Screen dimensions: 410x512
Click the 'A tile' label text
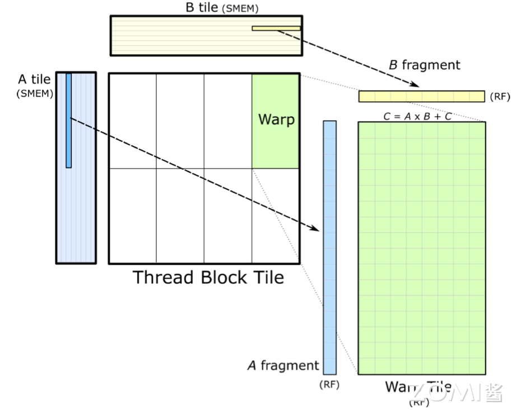click(x=34, y=80)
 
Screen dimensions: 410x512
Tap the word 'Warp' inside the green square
click(x=276, y=119)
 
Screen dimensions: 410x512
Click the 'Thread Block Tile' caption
click(x=208, y=277)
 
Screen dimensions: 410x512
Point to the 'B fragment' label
click(x=425, y=65)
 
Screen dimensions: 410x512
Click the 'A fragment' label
click(x=283, y=366)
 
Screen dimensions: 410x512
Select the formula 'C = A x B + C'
click(x=417, y=117)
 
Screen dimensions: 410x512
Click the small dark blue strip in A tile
click(x=69, y=120)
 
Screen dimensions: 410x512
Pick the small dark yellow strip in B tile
click(x=276, y=28)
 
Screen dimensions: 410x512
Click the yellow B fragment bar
click(x=421, y=96)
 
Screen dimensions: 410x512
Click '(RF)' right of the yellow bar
click(x=500, y=97)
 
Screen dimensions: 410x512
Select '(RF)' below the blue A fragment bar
click(x=329, y=385)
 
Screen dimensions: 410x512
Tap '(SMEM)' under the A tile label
click(x=35, y=93)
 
